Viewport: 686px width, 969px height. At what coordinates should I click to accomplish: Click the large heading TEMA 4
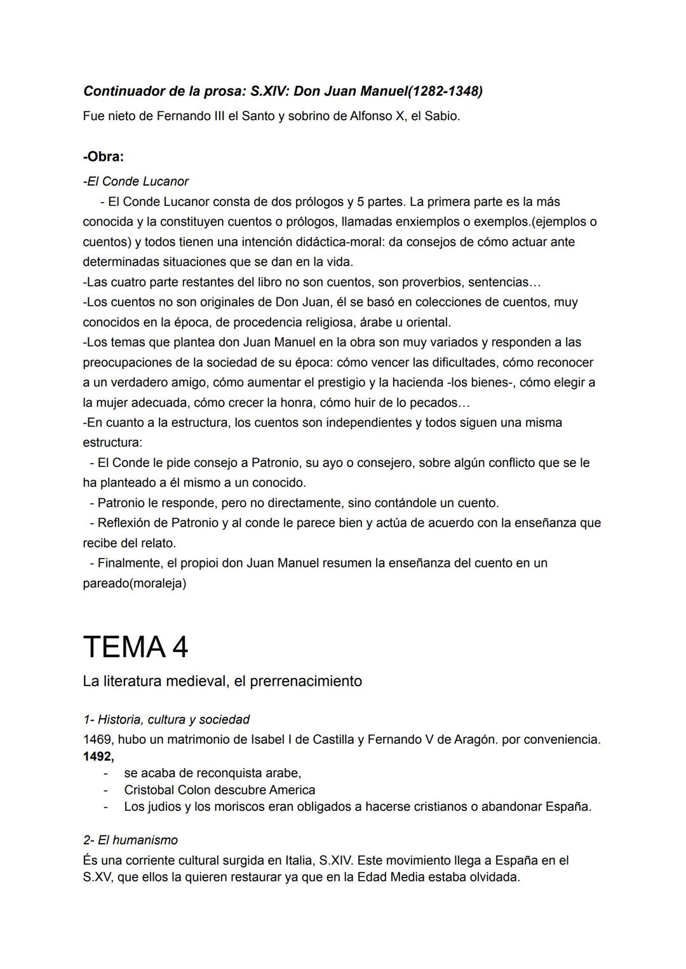[x=135, y=647]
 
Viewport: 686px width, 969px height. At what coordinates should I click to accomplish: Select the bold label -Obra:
[x=104, y=156]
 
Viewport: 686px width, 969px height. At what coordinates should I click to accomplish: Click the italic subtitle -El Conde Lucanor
[x=136, y=182]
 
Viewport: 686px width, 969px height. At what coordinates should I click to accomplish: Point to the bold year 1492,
[x=98, y=756]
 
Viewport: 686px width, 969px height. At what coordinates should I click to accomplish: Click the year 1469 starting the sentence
[x=97, y=740]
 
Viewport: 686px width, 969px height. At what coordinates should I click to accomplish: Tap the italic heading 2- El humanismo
[x=130, y=840]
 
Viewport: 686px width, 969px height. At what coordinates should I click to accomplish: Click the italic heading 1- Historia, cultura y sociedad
[x=166, y=719]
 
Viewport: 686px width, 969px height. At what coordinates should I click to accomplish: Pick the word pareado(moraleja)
[x=135, y=583]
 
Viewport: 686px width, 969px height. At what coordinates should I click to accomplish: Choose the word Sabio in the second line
[x=441, y=117]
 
